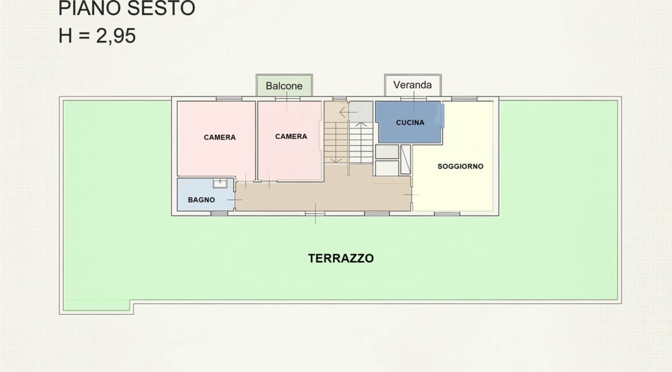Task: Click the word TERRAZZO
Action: coord(341,258)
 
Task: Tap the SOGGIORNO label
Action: coord(460,166)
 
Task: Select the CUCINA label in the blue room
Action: coord(410,123)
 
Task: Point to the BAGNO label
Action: coord(202,200)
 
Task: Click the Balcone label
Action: coord(284,86)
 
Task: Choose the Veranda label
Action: coord(412,85)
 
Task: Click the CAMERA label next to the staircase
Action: coord(291,136)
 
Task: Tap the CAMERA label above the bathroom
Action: coord(219,137)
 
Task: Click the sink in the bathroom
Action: coord(220,184)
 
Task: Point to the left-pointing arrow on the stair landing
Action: coord(348,113)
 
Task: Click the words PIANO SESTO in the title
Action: coord(126,8)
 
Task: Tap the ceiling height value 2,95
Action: coord(115,36)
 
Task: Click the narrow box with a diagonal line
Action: coord(405,160)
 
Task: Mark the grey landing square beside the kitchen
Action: coord(361,111)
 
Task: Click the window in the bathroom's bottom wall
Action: coord(219,213)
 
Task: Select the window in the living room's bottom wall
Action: coord(447,213)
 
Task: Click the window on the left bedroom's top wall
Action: coord(229,99)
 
